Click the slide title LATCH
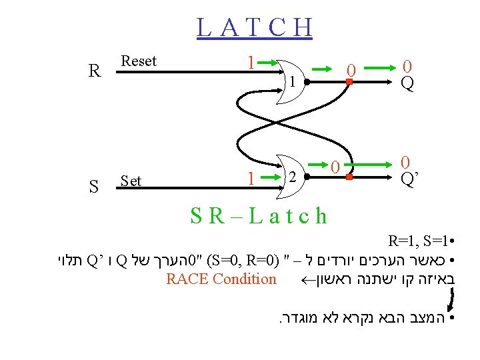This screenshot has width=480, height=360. tap(255, 27)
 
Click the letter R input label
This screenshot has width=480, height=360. tap(95, 71)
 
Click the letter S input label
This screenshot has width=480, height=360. tap(94, 187)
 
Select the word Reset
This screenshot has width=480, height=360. tap(139, 61)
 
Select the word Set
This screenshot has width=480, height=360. tap(131, 180)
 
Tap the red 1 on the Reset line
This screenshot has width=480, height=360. tap(251, 63)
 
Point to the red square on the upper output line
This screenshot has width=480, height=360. tap(348, 83)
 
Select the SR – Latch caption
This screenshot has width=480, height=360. tap(259, 215)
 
